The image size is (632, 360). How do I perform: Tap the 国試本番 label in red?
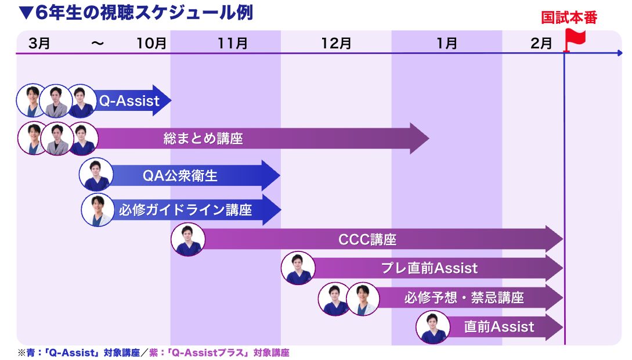(x=569, y=17)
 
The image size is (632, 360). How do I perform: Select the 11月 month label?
(x=233, y=43)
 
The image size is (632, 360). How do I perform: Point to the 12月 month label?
(x=336, y=43)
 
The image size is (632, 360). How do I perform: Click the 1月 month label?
(x=446, y=43)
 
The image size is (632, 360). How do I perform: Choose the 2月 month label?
(x=541, y=43)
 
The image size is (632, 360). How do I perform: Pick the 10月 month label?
(x=151, y=43)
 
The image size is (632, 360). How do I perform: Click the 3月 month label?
(x=39, y=43)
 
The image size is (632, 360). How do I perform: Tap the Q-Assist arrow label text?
(x=129, y=101)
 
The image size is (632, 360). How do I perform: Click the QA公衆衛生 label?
(x=180, y=175)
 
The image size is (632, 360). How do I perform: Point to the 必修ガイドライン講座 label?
(x=186, y=209)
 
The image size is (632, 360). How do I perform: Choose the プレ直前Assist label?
(x=429, y=268)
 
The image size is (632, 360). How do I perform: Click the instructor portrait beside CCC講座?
(x=188, y=239)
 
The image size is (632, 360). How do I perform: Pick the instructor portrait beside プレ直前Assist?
(x=298, y=268)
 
